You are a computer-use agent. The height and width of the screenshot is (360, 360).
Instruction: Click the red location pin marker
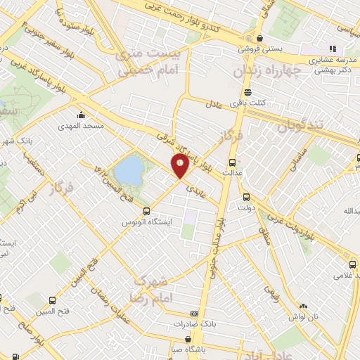180,166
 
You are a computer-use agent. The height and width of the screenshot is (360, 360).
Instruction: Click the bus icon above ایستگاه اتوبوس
146,211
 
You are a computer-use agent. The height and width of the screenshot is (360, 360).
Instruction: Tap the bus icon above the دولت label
246,198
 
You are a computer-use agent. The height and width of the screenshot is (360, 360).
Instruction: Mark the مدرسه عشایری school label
331,60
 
